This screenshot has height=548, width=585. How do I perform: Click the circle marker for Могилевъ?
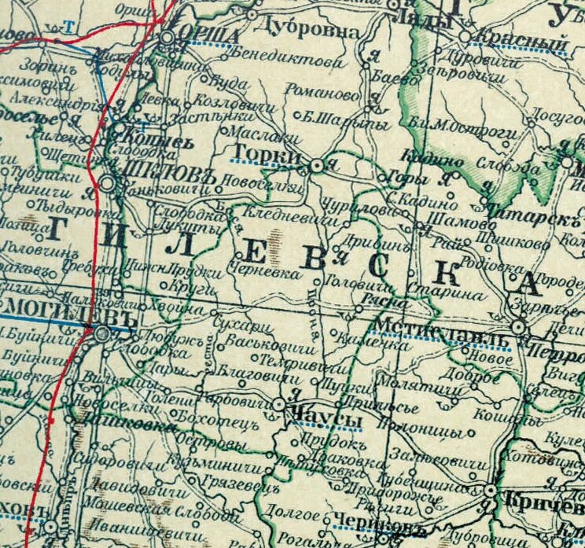coord(102,333)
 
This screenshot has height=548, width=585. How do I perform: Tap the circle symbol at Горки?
coord(316,166)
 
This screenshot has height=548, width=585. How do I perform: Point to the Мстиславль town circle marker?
coord(519,326)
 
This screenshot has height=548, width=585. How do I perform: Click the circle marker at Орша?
coord(168,37)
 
